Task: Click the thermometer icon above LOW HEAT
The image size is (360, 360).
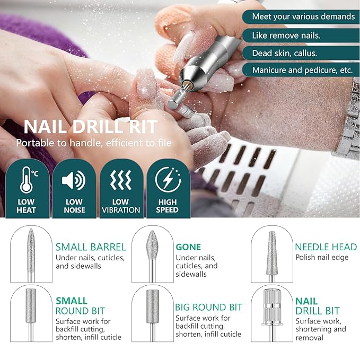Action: click(27, 180)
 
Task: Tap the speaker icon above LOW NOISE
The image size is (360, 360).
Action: click(74, 181)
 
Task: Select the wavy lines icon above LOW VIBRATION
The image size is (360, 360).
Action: click(120, 181)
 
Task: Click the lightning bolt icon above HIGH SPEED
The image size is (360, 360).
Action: click(168, 180)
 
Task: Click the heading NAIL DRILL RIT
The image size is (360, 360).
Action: click(91, 127)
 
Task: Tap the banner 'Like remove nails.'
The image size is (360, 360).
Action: click(286, 36)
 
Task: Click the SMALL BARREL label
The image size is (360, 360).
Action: click(91, 247)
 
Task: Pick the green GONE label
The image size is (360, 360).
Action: click(188, 247)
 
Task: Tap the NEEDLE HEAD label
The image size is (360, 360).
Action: click(326, 247)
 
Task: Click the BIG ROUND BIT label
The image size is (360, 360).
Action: click(208, 308)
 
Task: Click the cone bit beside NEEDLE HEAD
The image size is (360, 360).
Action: click(271, 251)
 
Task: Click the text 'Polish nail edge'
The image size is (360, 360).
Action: click(322, 258)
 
